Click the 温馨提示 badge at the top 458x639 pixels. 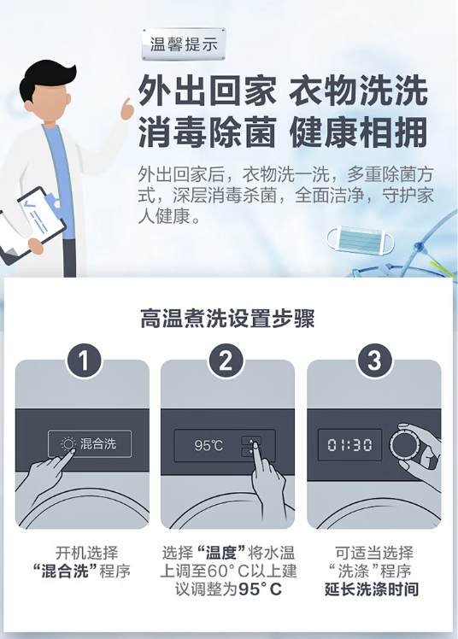(184, 44)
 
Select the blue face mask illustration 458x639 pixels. (361, 240)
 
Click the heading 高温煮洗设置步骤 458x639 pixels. (227, 319)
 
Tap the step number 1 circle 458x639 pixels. (84, 361)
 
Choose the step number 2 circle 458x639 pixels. (226, 361)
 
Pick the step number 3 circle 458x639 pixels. (374, 361)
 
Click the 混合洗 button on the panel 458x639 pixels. (90, 443)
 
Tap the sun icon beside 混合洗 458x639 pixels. (68, 443)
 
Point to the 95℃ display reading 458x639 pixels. (208, 445)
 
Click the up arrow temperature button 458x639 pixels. (251, 441)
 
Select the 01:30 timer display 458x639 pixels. (349, 444)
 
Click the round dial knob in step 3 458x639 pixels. (406, 444)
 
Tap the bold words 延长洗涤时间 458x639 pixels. (372, 589)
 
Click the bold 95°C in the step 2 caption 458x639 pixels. (260, 589)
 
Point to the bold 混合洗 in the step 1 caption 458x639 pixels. (66, 572)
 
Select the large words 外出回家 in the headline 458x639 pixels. (207, 91)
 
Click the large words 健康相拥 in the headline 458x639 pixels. (359, 132)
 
